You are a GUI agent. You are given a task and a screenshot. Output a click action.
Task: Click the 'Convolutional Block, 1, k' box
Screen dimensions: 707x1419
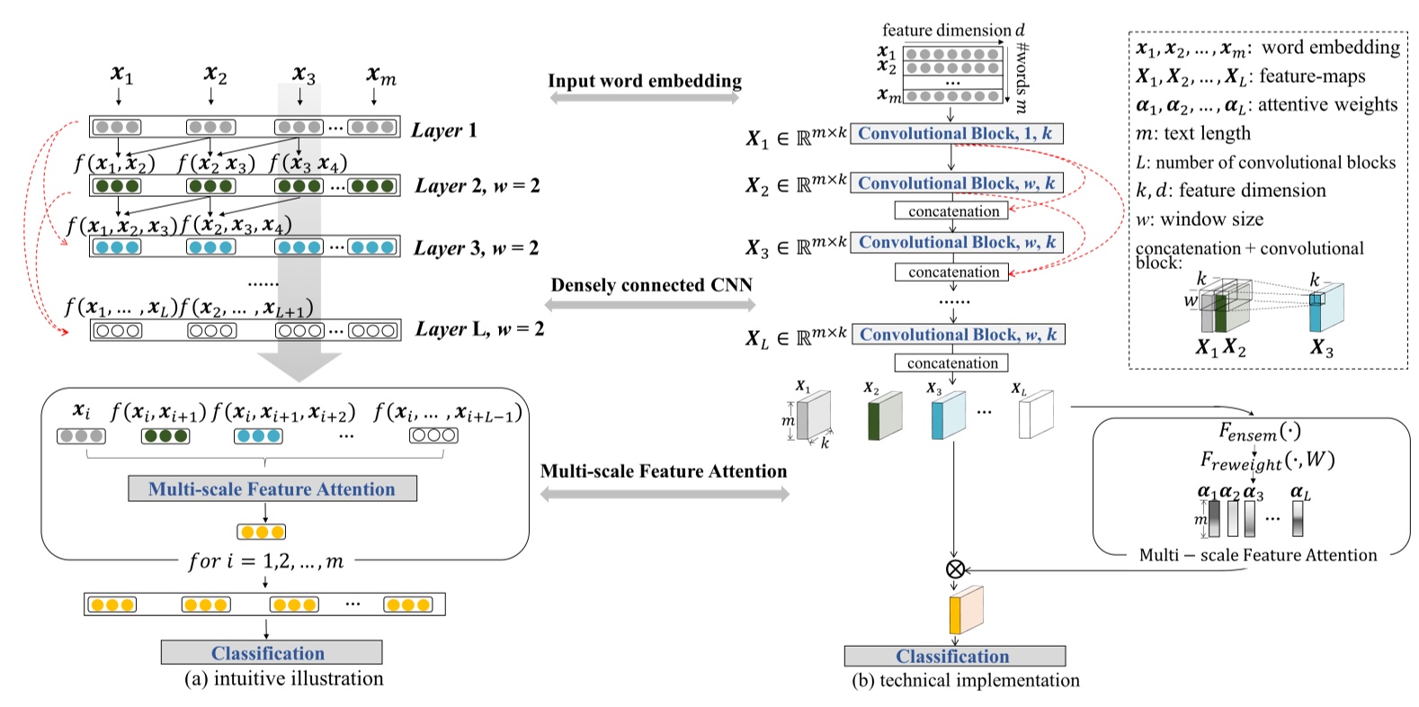(x=956, y=134)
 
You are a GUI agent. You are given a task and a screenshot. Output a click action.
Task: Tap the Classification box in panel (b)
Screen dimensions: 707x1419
(x=954, y=656)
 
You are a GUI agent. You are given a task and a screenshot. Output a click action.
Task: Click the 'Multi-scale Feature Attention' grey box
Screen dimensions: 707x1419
(x=272, y=489)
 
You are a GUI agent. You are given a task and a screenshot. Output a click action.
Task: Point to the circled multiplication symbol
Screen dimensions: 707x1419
(x=955, y=568)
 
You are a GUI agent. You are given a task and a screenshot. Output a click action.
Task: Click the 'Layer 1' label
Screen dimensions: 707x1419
(x=444, y=130)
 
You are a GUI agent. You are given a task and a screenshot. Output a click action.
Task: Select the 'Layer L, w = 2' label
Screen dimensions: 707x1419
(x=479, y=329)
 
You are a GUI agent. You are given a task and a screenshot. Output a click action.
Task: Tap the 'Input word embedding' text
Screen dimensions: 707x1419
(x=645, y=81)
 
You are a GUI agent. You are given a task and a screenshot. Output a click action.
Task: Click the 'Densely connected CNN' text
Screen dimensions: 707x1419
(x=651, y=285)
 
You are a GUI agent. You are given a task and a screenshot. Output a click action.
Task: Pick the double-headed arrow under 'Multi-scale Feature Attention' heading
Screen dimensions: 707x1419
(x=665, y=493)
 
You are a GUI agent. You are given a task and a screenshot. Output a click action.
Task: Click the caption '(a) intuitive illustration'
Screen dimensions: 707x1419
(x=283, y=679)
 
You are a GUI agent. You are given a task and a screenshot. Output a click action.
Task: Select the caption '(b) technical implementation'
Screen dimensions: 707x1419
(x=965, y=681)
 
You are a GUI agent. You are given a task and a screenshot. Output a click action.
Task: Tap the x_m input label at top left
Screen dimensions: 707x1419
(x=380, y=76)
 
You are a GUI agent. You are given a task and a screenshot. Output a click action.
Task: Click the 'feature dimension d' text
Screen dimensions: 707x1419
(x=953, y=31)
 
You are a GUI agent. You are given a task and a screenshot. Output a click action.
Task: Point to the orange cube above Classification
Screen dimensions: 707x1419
(x=965, y=611)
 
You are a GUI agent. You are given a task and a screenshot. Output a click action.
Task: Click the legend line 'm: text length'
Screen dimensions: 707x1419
(x=1192, y=134)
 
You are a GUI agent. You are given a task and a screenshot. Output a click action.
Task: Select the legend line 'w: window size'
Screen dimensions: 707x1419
(x=1199, y=219)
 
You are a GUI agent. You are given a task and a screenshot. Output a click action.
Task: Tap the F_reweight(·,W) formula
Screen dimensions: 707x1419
(x=1266, y=461)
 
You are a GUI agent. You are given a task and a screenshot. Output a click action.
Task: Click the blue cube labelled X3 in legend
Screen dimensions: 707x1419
(x=1326, y=309)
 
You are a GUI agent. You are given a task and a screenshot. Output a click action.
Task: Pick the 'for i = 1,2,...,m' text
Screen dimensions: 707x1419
(x=265, y=561)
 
